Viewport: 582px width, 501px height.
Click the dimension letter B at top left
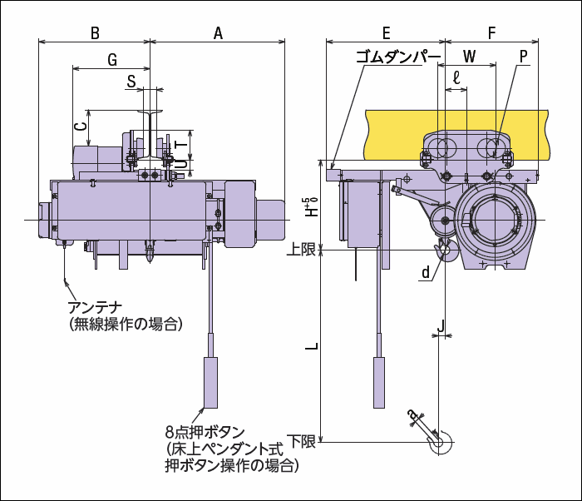95,33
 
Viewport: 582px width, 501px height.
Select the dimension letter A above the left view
218,33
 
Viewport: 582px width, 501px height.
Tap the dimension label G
112,59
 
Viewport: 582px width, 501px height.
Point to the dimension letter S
131,82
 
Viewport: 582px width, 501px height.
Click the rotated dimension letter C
81,126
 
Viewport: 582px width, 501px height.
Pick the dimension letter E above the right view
387,33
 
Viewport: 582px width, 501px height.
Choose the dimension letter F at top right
492,33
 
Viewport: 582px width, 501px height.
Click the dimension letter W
470,57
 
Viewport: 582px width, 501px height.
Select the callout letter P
523,57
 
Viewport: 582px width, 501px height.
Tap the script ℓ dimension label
456,77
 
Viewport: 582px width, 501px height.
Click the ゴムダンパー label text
398,57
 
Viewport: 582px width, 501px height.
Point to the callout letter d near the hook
426,272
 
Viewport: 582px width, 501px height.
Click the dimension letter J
441,326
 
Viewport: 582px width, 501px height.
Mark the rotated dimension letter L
312,346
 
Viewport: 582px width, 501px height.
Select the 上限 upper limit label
301,250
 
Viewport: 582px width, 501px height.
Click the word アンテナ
95,308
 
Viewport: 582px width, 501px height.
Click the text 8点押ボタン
205,432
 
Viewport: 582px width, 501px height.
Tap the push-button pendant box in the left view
211,383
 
